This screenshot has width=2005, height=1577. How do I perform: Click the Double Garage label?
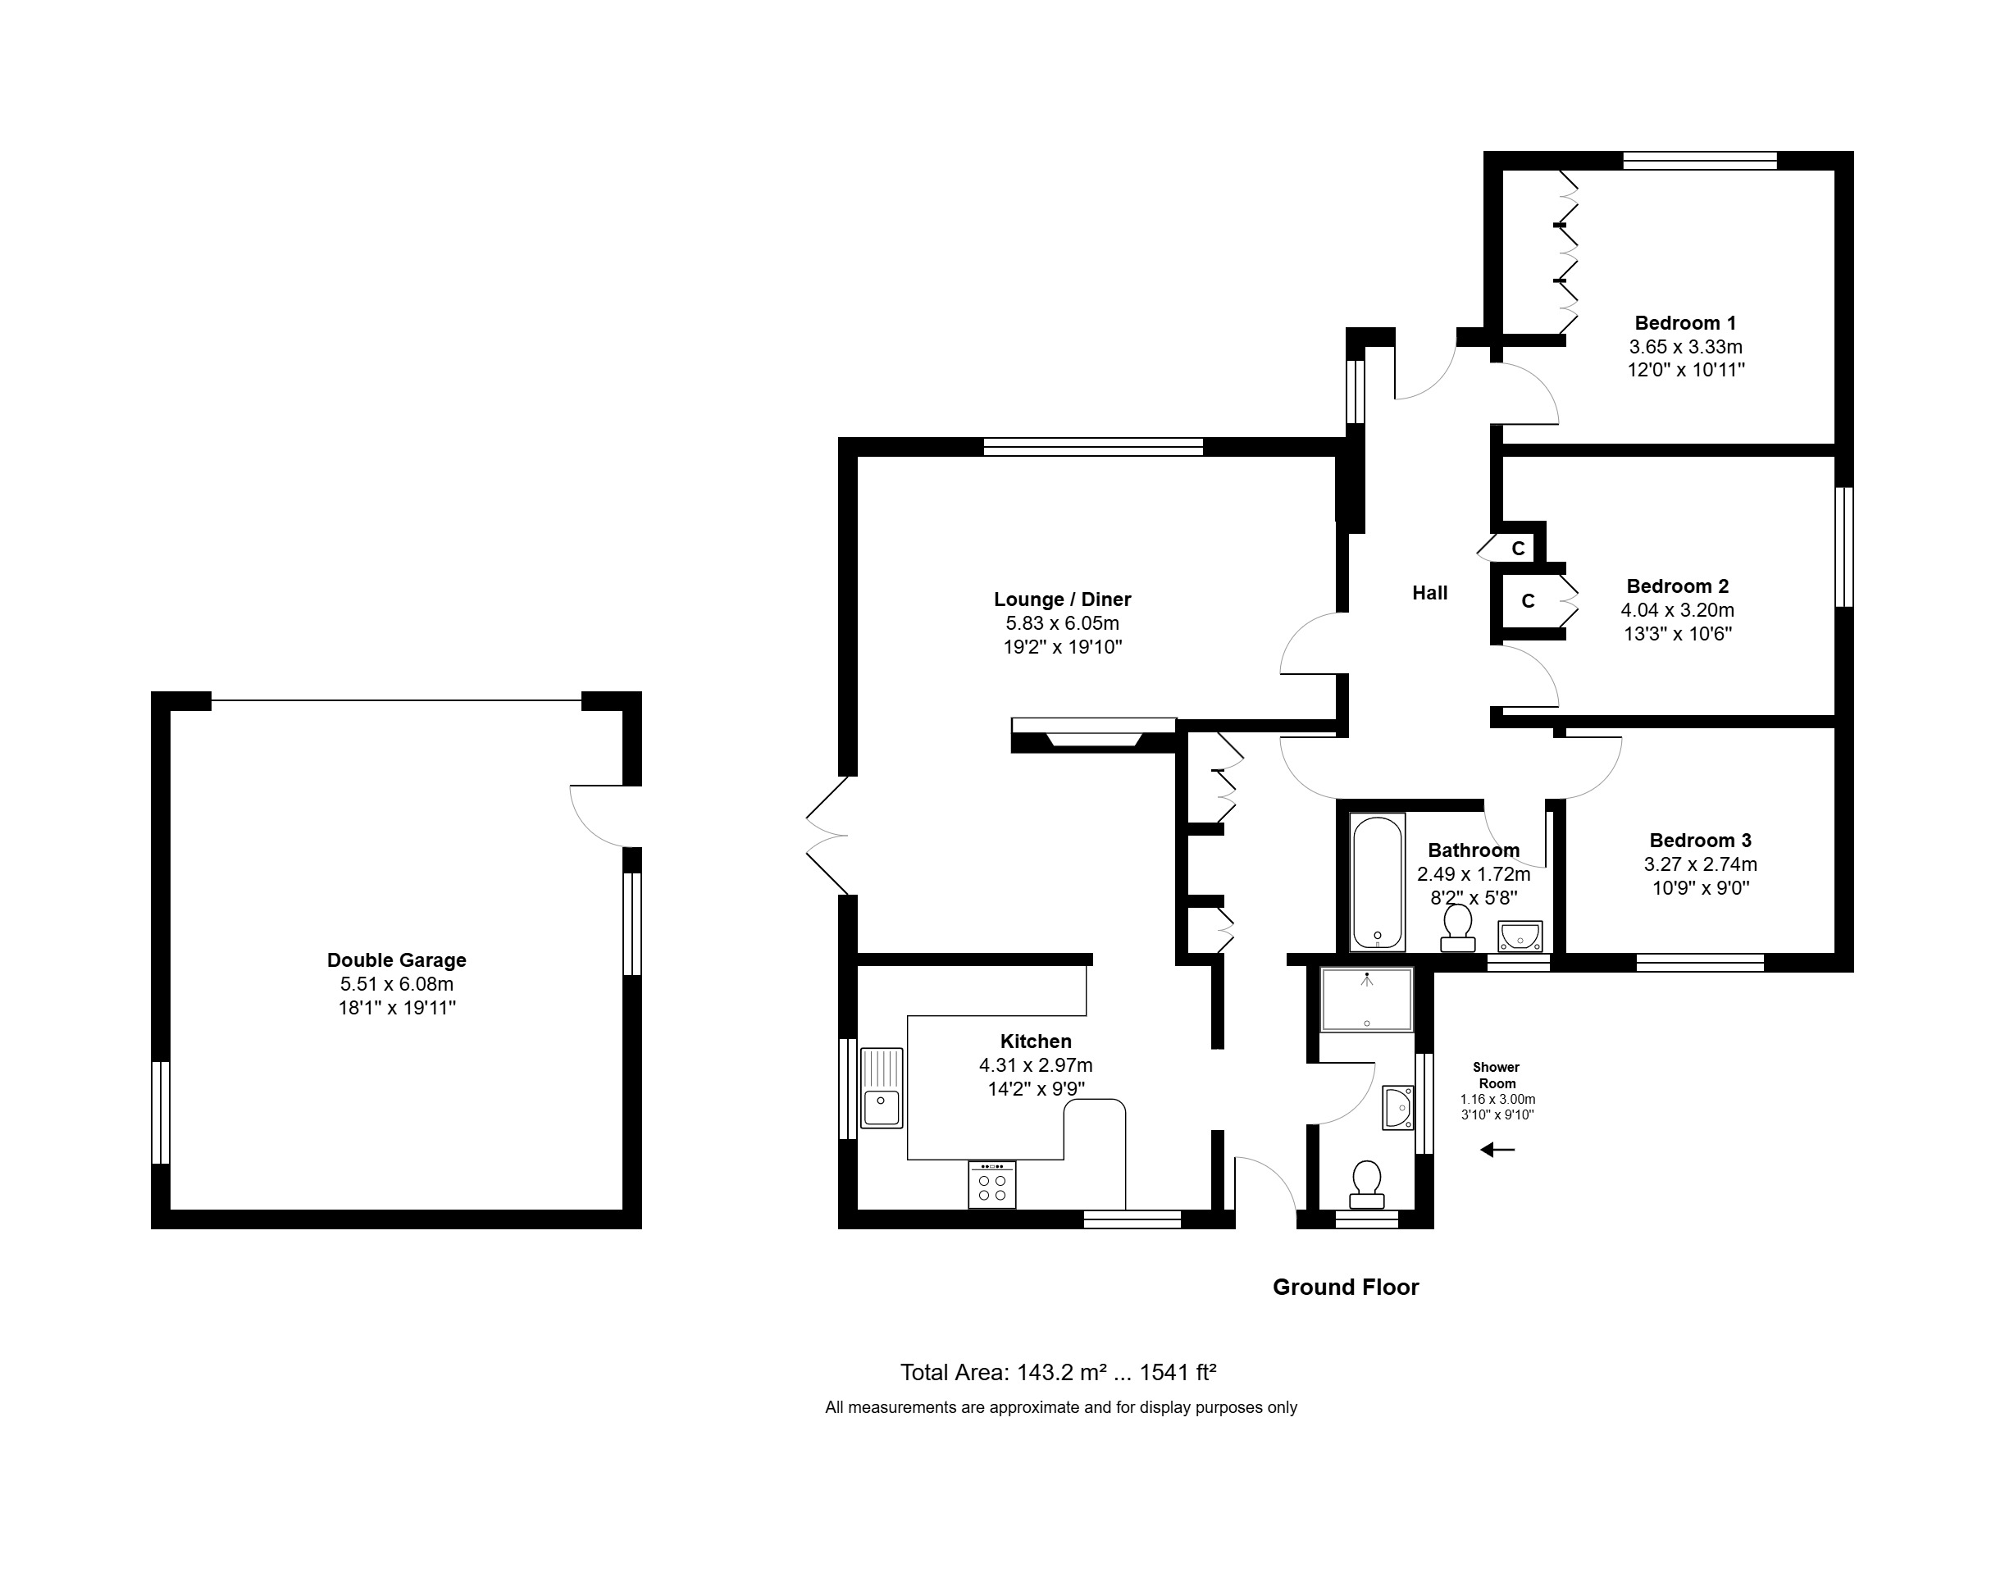(x=396, y=960)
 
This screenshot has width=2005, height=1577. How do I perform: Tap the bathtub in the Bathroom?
(x=1378, y=882)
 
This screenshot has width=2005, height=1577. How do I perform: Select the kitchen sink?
(x=882, y=1087)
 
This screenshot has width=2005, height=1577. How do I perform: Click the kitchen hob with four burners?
(x=992, y=1185)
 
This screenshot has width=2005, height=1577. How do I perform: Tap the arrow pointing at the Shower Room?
(x=1497, y=1150)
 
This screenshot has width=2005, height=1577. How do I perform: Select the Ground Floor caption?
(x=1345, y=1287)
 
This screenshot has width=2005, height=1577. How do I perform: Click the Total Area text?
(x=1058, y=1373)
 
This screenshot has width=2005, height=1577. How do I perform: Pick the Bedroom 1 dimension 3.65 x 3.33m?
(x=1686, y=347)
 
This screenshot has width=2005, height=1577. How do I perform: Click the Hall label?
(x=1430, y=593)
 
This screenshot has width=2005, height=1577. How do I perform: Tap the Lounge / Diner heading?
(x=1063, y=599)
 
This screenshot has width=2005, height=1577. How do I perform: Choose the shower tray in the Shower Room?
(x=1366, y=999)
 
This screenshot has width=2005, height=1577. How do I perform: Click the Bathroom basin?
(x=1520, y=936)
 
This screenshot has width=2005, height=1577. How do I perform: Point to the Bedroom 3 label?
(x=1701, y=841)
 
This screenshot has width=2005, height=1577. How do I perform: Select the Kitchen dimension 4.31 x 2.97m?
(x=1036, y=1065)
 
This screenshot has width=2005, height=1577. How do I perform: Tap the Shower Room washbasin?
(x=1398, y=1108)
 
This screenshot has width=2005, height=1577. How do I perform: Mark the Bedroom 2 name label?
(x=1677, y=586)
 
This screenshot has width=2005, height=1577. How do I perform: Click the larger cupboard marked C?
(x=1529, y=601)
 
